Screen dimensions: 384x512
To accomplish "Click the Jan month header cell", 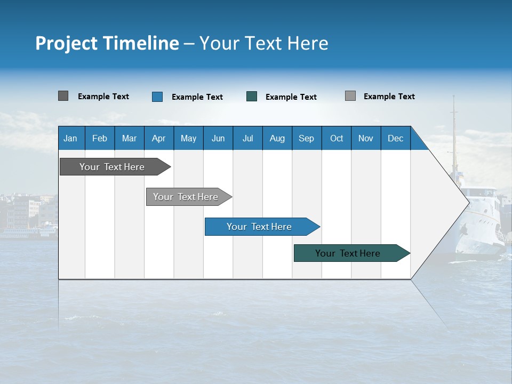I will click(x=71, y=138).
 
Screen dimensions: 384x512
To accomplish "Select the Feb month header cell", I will click(x=100, y=138).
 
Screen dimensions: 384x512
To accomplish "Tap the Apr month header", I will click(x=159, y=138).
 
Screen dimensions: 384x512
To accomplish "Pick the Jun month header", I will click(x=218, y=138).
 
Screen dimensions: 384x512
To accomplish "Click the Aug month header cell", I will click(x=277, y=138).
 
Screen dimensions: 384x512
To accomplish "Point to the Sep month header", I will click(x=307, y=138).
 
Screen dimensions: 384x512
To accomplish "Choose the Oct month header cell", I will click(x=337, y=138).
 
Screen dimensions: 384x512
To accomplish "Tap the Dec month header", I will click(x=396, y=138).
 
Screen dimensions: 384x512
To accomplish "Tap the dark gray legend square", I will click(x=63, y=96).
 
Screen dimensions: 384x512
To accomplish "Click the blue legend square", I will click(x=157, y=97).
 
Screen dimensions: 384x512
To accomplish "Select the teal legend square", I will click(x=252, y=97).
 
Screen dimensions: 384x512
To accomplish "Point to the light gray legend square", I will click(x=350, y=96).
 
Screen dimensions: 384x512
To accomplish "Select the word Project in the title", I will click(x=67, y=43).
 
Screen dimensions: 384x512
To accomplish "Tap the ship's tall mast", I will click(x=454, y=133).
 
